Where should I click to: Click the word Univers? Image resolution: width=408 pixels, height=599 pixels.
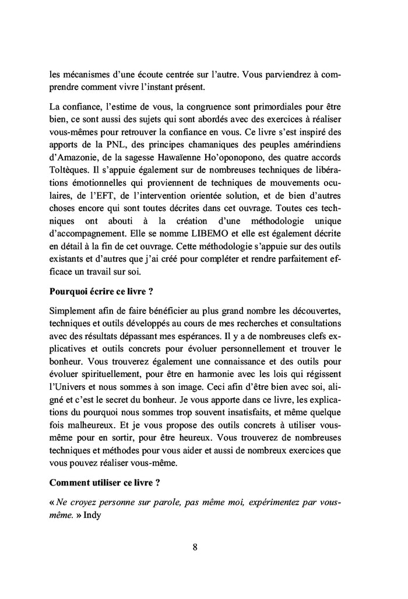[72, 386]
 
